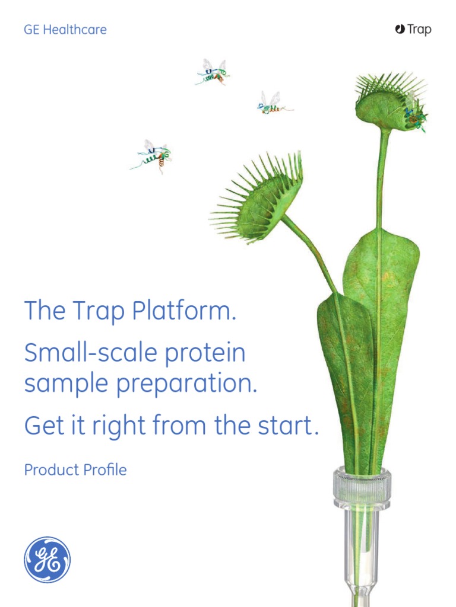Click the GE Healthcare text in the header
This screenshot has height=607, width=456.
tap(65, 30)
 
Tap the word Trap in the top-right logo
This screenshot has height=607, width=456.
tap(419, 30)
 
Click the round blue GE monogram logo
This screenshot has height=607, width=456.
tap(47, 560)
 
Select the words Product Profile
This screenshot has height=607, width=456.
tap(75, 470)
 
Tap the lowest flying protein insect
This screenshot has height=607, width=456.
tap(153, 155)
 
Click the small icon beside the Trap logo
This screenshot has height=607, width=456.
tap(400, 29)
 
